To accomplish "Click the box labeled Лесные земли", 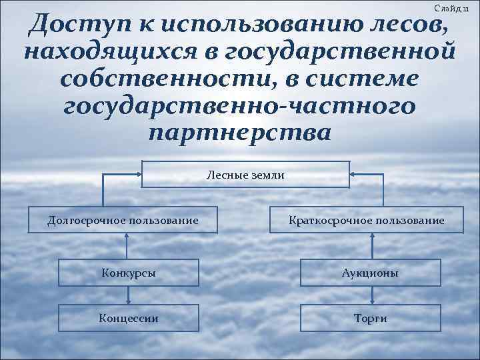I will click(x=245, y=175).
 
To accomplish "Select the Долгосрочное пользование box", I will click(x=123, y=220).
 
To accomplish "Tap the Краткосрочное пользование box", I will click(x=367, y=220).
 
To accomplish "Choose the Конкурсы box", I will click(x=129, y=273).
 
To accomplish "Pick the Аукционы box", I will click(x=371, y=273).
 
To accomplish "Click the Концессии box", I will click(x=129, y=318).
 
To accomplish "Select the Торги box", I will click(x=371, y=318).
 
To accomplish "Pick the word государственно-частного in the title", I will click(x=239, y=105).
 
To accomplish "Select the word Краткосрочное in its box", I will click(x=327, y=220).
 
